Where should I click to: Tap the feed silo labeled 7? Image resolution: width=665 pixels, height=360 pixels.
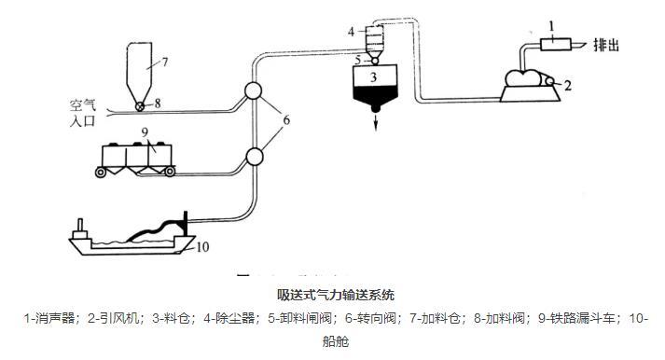(140, 65)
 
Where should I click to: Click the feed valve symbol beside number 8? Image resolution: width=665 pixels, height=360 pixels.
(140, 105)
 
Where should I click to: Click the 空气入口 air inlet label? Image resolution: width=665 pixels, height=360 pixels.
(83, 113)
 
